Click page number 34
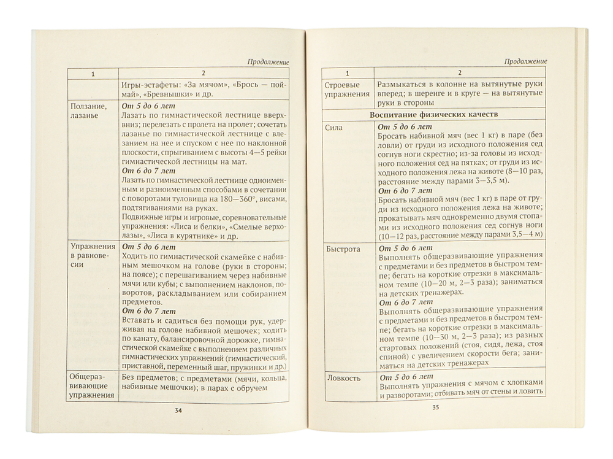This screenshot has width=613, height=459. (178, 411)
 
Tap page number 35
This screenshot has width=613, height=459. (436, 406)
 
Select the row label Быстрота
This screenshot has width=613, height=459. (343, 250)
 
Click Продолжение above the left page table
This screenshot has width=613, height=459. (268, 61)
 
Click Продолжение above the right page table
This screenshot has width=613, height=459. (525, 61)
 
